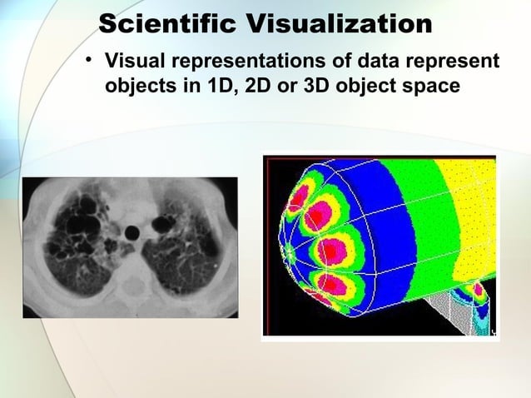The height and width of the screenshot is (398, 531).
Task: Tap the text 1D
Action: click(x=219, y=87)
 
